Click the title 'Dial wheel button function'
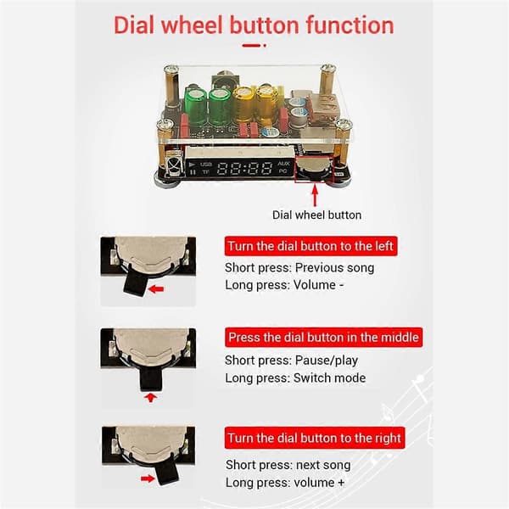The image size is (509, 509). [254, 25]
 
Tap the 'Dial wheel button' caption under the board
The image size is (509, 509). [316, 215]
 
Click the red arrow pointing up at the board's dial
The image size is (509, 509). [315, 195]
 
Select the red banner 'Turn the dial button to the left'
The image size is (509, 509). [310, 246]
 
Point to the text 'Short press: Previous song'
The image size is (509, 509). [299, 268]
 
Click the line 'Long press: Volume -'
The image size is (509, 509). [284, 285]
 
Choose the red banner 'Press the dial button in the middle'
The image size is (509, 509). [323, 338]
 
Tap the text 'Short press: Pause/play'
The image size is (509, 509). [291, 361]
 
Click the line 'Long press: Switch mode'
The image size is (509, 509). [295, 378]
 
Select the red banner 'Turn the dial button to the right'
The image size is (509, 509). [315, 438]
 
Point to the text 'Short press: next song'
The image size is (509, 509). [288, 465]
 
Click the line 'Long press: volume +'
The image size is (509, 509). [285, 483]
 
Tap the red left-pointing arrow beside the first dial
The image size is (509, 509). [156, 288]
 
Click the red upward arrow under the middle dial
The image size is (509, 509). [150, 397]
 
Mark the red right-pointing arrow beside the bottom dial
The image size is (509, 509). [148, 478]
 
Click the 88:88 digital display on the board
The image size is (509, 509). [244, 168]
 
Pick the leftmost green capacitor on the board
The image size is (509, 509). [196, 106]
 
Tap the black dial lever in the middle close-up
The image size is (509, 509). [150, 378]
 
